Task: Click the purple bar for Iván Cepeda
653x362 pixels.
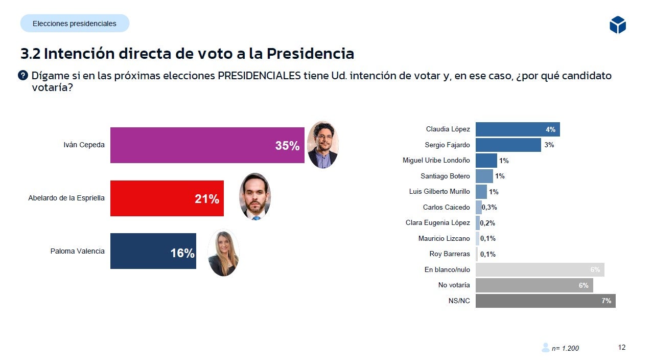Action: (207, 145)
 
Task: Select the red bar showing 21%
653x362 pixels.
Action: (167, 198)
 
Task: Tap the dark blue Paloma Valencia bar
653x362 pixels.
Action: (153, 251)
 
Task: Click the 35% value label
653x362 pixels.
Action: (287, 146)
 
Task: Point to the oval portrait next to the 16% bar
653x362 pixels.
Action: (223, 253)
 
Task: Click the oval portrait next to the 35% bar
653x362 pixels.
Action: (322, 145)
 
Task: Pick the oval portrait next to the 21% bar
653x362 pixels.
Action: (255, 197)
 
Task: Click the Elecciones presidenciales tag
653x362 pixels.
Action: (75, 24)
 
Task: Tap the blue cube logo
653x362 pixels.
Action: (617, 25)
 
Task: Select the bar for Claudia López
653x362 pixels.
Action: (517, 129)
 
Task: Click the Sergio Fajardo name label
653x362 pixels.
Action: (447, 145)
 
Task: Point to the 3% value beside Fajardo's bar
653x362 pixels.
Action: (549, 145)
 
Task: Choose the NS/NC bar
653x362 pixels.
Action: (545, 301)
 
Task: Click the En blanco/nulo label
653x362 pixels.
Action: (447, 269)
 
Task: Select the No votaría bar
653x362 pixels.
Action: (534, 285)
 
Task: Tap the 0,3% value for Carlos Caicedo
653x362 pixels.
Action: (489, 208)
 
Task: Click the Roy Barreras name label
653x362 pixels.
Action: (449, 254)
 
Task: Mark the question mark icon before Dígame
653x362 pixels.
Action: (23, 76)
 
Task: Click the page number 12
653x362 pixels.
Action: (621, 348)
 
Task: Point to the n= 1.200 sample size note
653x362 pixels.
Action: (565, 348)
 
